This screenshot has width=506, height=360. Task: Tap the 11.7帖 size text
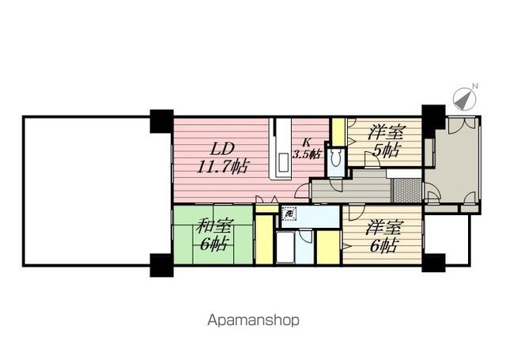point(222,167)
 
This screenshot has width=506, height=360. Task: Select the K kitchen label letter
point(306,142)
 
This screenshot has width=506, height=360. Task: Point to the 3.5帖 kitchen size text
point(307,154)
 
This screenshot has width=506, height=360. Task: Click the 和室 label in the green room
point(213,225)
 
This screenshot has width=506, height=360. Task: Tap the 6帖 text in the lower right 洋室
point(383,246)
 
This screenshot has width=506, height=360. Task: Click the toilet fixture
point(336,159)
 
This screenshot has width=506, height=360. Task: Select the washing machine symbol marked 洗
point(289,214)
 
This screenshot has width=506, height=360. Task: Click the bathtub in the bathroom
point(285,248)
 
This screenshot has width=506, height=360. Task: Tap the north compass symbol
point(464,99)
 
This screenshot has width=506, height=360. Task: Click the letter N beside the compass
point(475,86)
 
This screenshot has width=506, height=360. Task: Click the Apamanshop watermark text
point(253,320)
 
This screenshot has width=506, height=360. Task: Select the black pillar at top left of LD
point(161,122)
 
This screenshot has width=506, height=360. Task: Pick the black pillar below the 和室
point(161,265)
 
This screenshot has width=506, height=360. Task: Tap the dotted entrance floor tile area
point(406,190)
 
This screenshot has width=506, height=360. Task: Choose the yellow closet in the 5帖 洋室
point(339,132)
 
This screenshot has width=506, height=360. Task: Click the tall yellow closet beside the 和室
point(264,239)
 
